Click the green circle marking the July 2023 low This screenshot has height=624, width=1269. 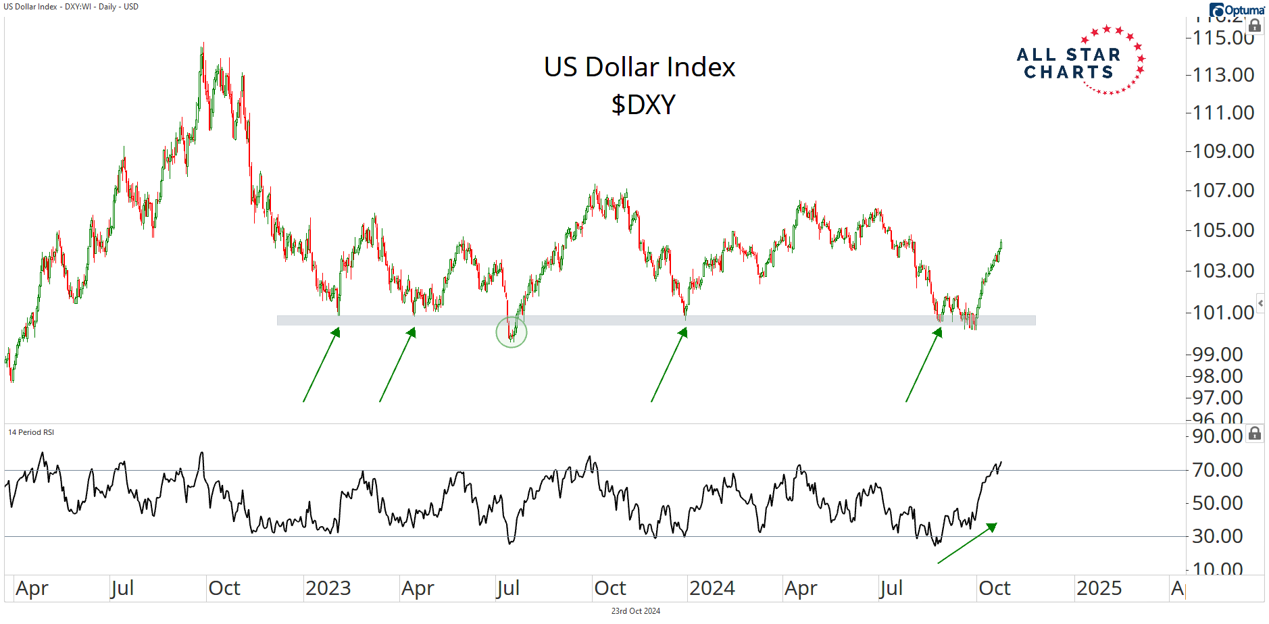[x=512, y=332]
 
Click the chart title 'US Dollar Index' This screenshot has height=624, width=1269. [x=639, y=67]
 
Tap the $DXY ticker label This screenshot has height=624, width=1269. [x=643, y=105]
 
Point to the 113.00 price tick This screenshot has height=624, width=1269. [x=1223, y=75]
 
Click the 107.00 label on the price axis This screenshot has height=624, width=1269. [x=1223, y=190]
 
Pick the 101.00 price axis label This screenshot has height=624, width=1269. [x=1223, y=313]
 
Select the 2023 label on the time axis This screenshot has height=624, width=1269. [x=328, y=588]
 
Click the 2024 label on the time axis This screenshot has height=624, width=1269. [x=712, y=588]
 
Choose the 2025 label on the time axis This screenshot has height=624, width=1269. [x=1099, y=588]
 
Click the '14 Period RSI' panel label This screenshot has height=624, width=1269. [x=31, y=432]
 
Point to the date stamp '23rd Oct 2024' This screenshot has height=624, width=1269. [x=635, y=611]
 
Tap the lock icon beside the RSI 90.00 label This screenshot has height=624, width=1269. [x=1255, y=433]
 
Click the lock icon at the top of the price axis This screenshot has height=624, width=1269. [x=1255, y=26]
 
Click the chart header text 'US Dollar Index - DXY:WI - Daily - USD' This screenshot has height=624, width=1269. [x=71, y=7]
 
